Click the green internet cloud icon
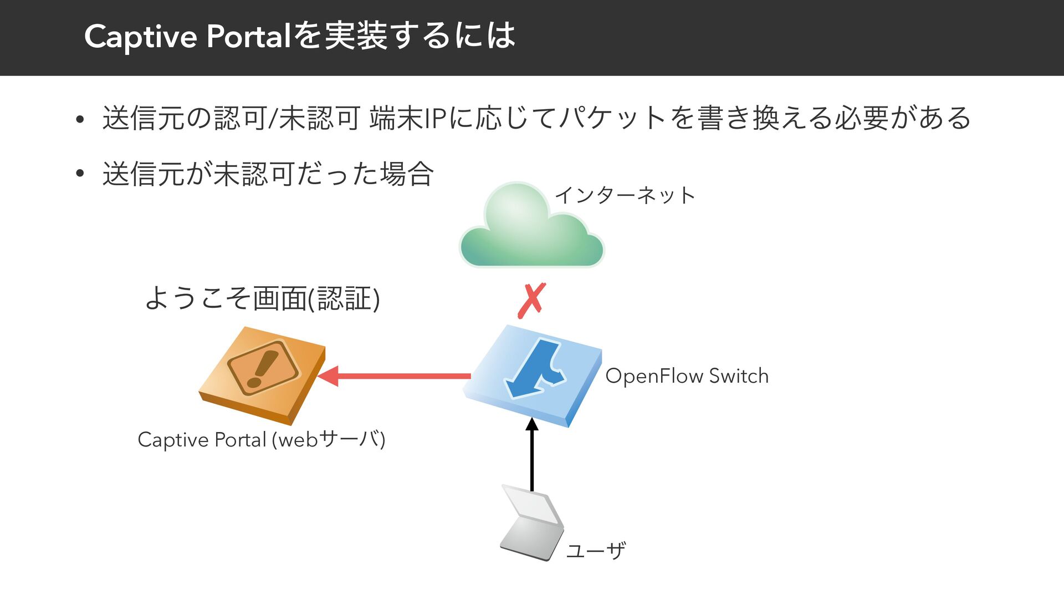click(x=531, y=227)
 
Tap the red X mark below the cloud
click(x=531, y=300)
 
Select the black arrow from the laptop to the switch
click(x=532, y=455)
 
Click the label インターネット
click(x=625, y=195)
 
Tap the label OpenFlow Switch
click(x=687, y=376)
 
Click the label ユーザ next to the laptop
click(x=596, y=551)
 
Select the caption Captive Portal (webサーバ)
click(x=261, y=439)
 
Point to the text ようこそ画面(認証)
click(x=262, y=298)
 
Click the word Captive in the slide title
click(x=141, y=37)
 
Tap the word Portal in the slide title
click(x=249, y=37)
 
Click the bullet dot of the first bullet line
click(x=80, y=119)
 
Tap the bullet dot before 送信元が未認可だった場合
click(x=80, y=174)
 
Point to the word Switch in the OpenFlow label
click(x=739, y=376)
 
